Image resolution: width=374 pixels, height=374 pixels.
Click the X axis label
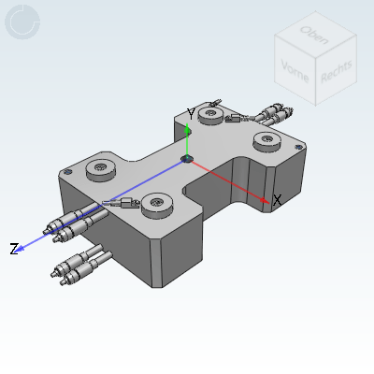[x=277, y=199]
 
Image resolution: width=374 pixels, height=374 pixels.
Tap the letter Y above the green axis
[x=191, y=113]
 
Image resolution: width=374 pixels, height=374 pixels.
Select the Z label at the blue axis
[x=14, y=249]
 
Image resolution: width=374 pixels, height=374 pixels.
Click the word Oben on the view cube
[x=312, y=35]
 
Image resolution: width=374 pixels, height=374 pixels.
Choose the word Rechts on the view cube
[x=336, y=70]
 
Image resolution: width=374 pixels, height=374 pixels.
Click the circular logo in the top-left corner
[x=22, y=22]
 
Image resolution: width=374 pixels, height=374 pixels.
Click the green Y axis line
[x=187, y=140]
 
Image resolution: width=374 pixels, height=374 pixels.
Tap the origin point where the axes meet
[x=188, y=159]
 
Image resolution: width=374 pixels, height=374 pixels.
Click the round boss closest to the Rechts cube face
[x=266, y=140]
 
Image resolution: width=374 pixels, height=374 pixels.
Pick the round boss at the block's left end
[x=99, y=169]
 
